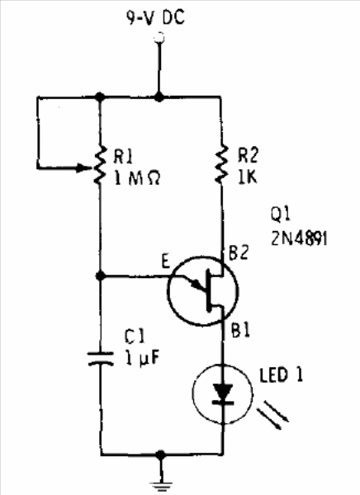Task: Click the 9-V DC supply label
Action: point(155,17)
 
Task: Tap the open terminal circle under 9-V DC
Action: point(159,38)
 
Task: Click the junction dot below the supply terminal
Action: point(159,97)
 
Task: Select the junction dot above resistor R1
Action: point(100,97)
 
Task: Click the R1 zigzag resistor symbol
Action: point(100,164)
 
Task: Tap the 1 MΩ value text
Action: point(137,179)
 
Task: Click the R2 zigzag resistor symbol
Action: point(221,164)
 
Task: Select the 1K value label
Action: point(248,177)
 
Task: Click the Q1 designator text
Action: point(280,214)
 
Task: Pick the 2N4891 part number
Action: point(299,238)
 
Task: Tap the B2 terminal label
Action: point(239,253)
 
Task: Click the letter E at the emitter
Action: point(166,262)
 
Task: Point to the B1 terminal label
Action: point(240,331)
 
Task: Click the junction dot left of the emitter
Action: point(100,276)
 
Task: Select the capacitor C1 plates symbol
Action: point(101,359)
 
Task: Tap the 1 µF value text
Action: point(142,358)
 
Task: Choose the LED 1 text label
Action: point(281,375)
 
